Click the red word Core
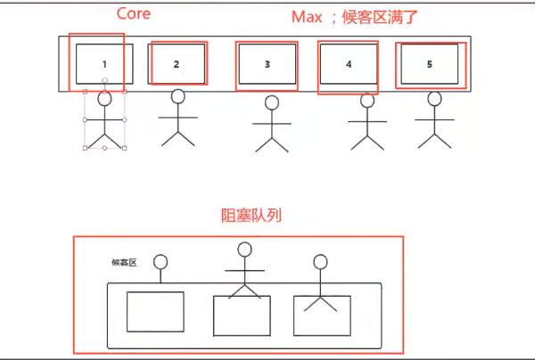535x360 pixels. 134,14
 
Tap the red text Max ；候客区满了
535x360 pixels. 354,16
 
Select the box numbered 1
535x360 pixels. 104,63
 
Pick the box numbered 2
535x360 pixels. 177,63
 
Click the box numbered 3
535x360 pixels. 267,64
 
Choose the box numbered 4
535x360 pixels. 349,64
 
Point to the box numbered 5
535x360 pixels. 429,64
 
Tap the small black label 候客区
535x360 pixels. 123,262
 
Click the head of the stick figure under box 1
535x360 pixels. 105,99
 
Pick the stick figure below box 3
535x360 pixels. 273,126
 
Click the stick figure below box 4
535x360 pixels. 366,120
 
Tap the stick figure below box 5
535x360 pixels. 435,120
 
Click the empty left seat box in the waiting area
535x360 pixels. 155,311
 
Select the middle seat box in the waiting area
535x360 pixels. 241,315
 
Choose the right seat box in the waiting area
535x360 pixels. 320,315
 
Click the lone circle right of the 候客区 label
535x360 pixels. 160,262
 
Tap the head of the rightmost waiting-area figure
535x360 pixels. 320,262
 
